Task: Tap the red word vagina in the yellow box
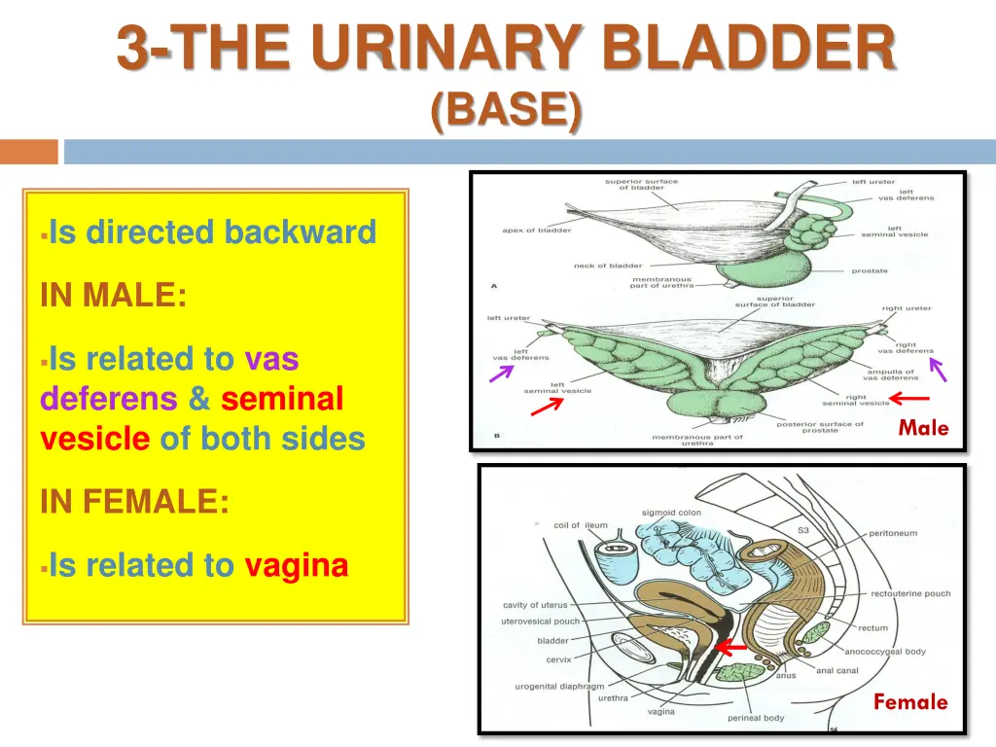[296, 565]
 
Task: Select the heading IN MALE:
[113, 295]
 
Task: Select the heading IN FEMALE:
[135, 502]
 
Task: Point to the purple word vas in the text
[271, 359]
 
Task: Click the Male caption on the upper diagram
[922, 427]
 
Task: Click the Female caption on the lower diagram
[909, 701]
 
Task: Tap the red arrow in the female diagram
[731, 647]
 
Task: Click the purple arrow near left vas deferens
[502, 373]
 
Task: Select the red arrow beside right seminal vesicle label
[910, 397]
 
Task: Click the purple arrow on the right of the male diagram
[938, 369]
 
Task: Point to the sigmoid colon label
[671, 513]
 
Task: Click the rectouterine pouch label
[910, 593]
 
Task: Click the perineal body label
[756, 719]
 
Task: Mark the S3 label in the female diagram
[802, 530]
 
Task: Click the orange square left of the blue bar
[29, 152]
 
